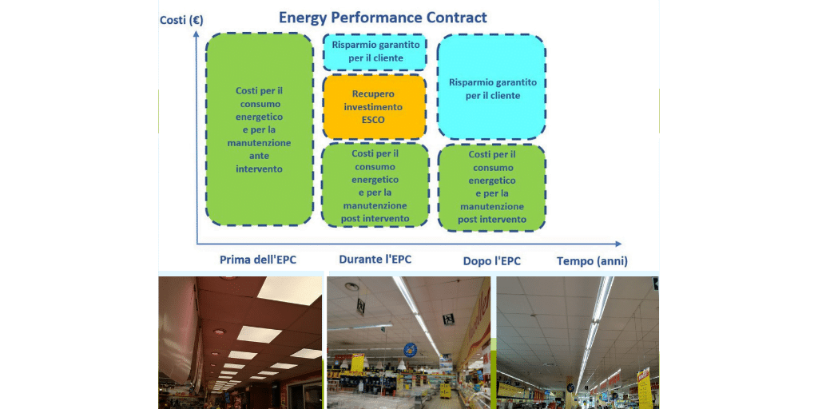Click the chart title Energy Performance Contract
383,18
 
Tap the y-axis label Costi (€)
181,20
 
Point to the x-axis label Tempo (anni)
592,261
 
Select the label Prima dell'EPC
258,260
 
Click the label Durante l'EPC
375,260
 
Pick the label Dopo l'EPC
491,261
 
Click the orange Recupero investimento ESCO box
374,107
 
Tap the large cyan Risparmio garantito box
491,87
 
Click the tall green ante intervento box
260,129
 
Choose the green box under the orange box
375,185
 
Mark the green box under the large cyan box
492,187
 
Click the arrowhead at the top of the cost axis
197,34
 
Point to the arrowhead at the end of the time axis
618,244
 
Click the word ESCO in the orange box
373,120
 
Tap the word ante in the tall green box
259,156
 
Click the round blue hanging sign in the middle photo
410,350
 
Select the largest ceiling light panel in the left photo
290,291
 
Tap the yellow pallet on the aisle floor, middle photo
445,390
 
